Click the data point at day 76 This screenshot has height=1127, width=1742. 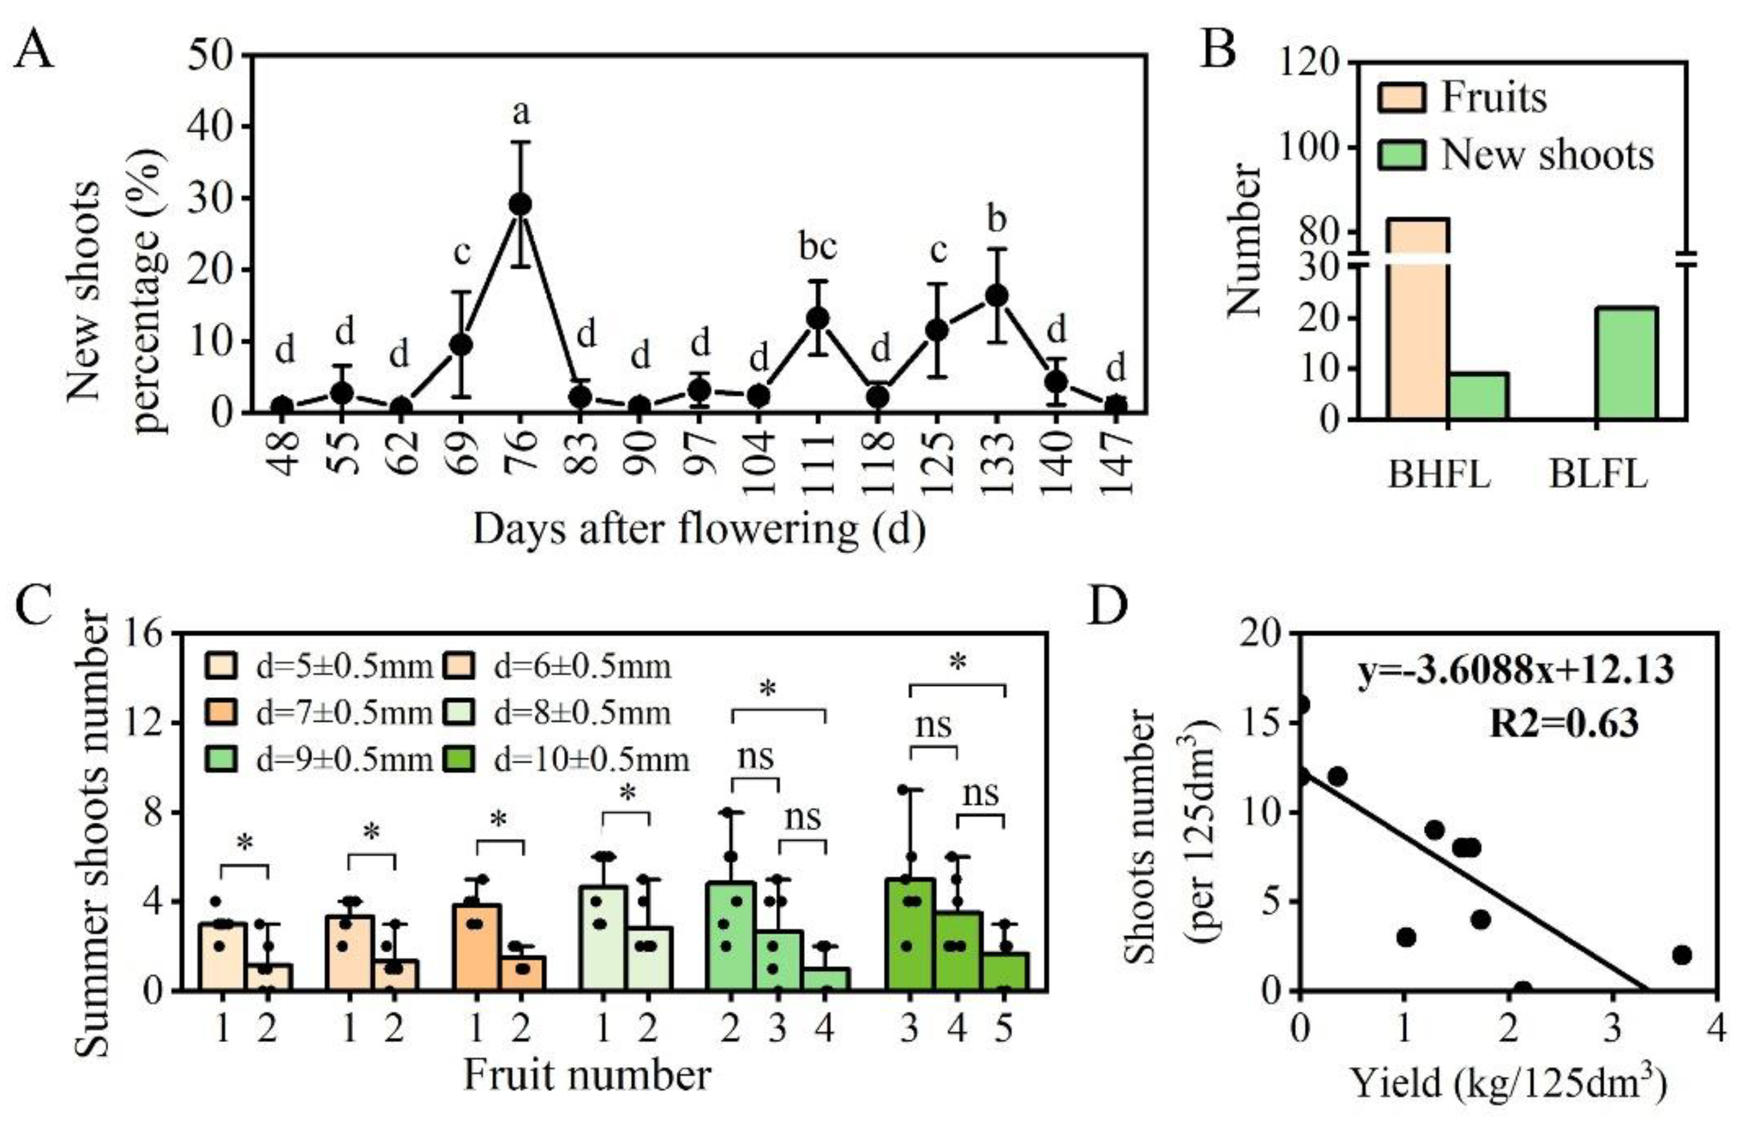(520, 204)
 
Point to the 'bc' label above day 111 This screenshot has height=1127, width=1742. (817, 248)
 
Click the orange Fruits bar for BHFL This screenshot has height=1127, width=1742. (1418, 322)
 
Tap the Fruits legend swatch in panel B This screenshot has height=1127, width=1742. (1401, 98)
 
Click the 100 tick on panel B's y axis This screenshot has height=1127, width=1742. (1311, 148)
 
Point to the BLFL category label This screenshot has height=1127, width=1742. (1598, 474)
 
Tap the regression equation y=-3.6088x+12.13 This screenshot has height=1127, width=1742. (1516, 669)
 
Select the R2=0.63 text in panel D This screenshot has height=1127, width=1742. (1564, 724)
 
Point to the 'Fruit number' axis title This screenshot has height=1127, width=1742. (587, 1076)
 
